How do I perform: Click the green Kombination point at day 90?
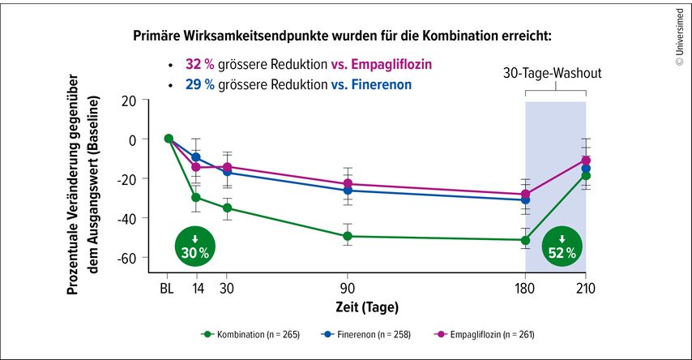pyautogui.click(x=348, y=236)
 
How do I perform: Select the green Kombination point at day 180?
pyautogui.click(x=525, y=240)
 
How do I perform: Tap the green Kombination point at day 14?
pyautogui.click(x=195, y=197)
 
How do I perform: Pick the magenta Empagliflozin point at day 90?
pyautogui.click(x=348, y=184)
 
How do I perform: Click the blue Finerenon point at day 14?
pyautogui.click(x=195, y=157)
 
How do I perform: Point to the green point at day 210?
pyautogui.click(x=586, y=175)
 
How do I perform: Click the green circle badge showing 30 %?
pyautogui.click(x=195, y=246)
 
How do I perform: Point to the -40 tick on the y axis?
pyautogui.click(x=128, y=217)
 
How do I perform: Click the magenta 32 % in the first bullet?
pyautogui.click(x=199, y=64)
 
